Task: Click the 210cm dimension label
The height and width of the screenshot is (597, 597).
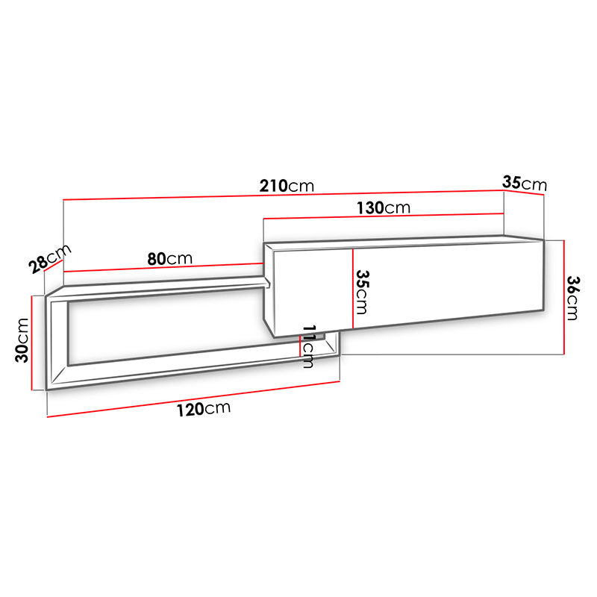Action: click(287, 186)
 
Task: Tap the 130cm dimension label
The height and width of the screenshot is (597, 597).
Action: click(384, 208)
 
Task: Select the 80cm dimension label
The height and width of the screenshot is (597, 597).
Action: click(170, 259)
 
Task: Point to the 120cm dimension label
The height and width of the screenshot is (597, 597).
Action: click(204, 409)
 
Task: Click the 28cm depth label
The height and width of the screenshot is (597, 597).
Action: click(50, 259)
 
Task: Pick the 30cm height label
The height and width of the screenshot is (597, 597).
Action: click(22, 340)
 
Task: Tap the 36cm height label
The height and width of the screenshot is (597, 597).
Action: click(572, 298)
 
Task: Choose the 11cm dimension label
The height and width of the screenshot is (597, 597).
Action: click(308, 346)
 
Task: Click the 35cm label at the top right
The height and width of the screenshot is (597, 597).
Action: click(525, 183)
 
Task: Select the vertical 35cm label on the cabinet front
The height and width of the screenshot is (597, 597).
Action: click(362, 292)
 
